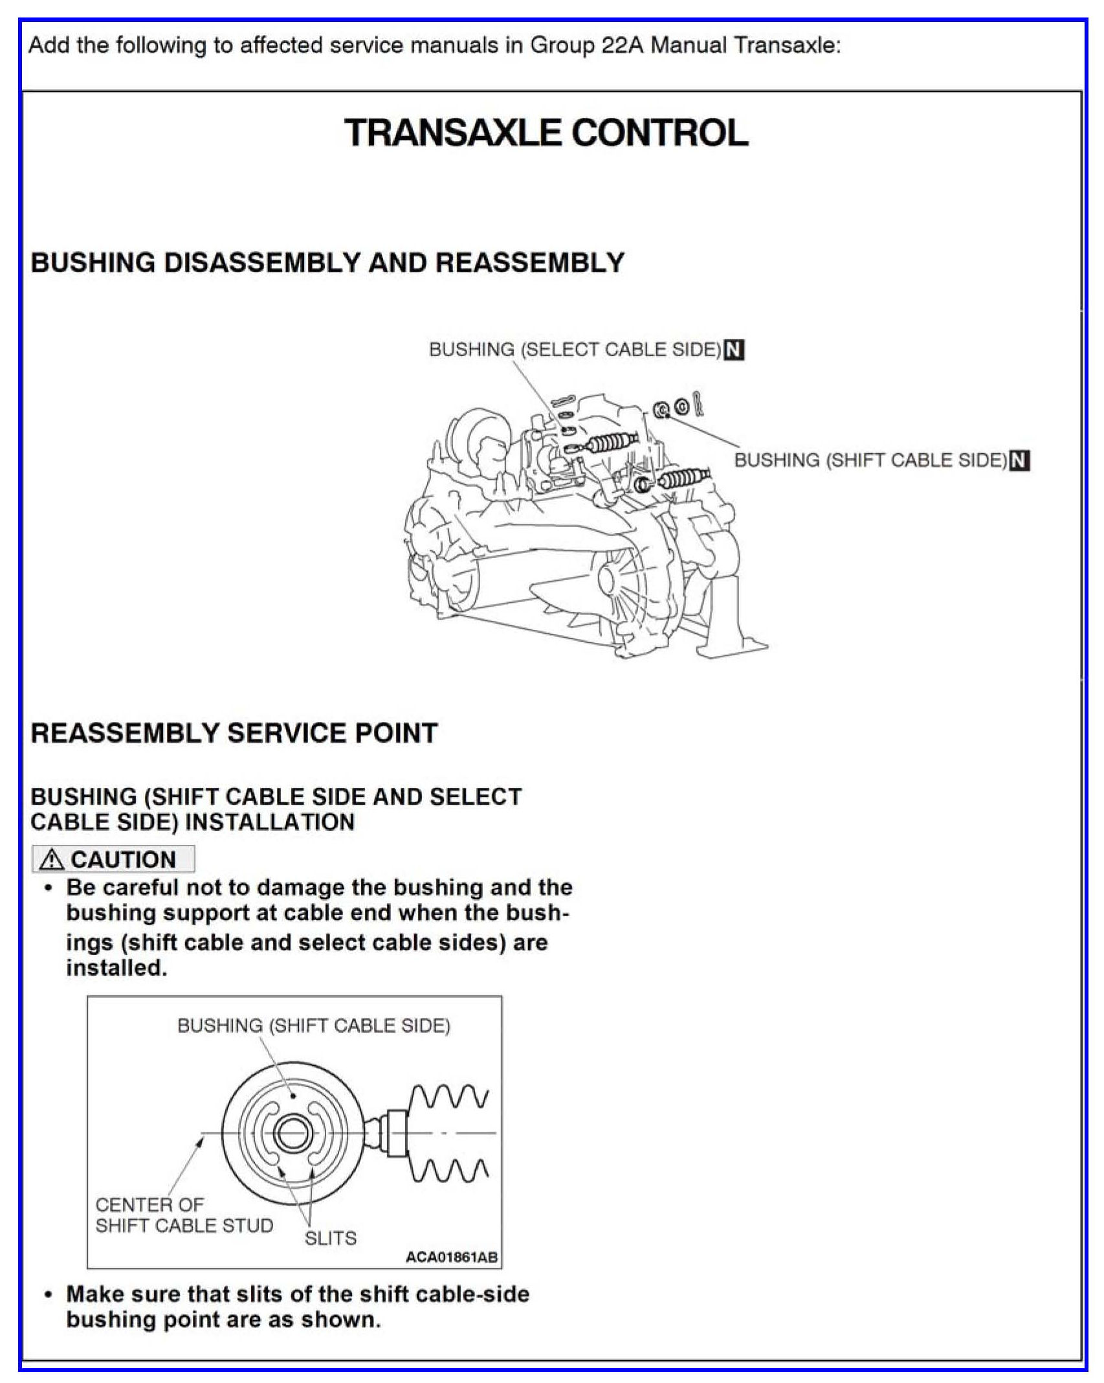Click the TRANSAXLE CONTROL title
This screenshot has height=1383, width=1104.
pyautogui.click(x=546, y=133)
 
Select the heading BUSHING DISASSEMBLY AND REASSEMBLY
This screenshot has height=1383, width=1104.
pyautogui.click(x=327, y=263)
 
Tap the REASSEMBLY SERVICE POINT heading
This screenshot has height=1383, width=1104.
pyautogui.click(x=234, y=733)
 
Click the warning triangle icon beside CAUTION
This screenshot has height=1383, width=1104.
pyautogui.click(x=51, y=860)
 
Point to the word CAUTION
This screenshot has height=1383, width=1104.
pyautogui.click(x=123, y=860)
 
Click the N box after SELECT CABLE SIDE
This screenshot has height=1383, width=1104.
pyautogui.click(x=733, y=350)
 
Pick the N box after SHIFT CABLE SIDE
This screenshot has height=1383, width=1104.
pyautogui.click(x=1020, y=460)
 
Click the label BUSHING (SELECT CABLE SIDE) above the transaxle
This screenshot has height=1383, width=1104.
pyautogui.click(x=575, y=350)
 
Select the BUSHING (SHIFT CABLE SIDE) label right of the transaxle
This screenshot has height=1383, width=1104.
pyautogui.click(x=870, y=460)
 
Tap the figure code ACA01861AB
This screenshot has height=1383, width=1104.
pyautogui.click(x=451, y=1257)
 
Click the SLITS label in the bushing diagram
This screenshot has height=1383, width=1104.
pyautogui.click(x=331, y=1238)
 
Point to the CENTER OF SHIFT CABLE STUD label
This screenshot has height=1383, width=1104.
pyautogui.click(x=184, y=1215)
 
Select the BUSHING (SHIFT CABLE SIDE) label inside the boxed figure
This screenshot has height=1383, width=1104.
pyautogui.click(x=314, y=1026)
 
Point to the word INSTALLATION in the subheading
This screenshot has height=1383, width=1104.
pyautogui.click(x=270, y=822)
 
